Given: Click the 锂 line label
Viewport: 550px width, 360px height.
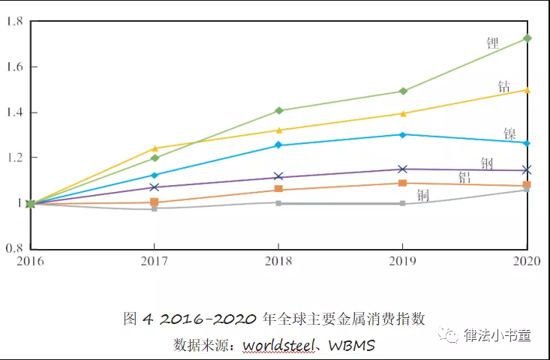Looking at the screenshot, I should (492, 43).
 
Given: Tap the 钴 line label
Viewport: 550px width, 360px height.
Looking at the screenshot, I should (504, 87).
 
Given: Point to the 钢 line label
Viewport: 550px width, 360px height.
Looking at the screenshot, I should (487, 163).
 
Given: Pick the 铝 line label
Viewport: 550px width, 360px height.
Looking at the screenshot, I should (464, 178).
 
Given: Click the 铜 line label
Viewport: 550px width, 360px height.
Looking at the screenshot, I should (422, 196).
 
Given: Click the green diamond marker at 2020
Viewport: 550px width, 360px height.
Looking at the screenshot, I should (527, 38).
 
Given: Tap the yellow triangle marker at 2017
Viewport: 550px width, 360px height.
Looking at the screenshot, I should (155, 148).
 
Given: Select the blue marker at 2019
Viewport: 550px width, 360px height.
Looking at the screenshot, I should (403, 135).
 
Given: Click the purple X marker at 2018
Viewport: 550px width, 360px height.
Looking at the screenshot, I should (278, 177).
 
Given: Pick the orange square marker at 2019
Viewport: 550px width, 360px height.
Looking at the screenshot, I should (403, 183).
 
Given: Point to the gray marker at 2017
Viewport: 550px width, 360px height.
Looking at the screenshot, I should (155, 208).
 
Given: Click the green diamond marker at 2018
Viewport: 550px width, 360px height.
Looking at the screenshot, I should (279, 110).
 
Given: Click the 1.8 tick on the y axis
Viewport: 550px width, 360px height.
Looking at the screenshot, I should (14, 21).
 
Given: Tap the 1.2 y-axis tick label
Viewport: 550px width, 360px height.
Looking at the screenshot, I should (14, 158).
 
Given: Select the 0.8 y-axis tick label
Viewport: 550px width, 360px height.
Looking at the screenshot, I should (14, 248).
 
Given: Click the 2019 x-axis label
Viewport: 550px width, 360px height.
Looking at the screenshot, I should (402, 262).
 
